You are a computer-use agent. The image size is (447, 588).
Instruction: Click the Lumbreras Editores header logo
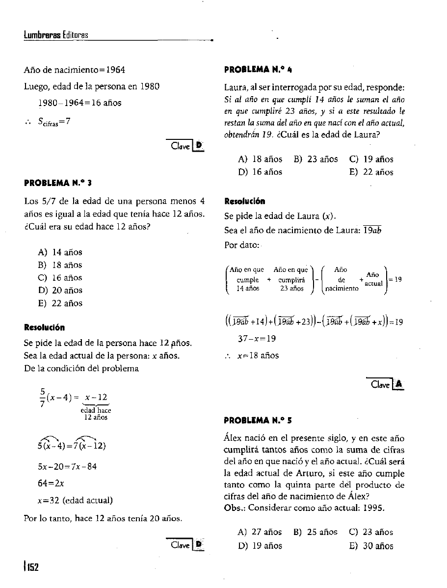[x=55, y=35]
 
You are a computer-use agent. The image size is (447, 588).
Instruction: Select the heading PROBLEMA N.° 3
[x=58, y=183]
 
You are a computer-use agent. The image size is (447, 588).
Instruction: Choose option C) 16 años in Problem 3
[x=60, y=278]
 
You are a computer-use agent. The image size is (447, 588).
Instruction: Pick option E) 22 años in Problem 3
[x=60, y=303]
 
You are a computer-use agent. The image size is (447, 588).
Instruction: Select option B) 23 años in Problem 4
[x=316, y=159]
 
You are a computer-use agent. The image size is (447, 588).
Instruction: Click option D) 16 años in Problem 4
[x=260, y=172]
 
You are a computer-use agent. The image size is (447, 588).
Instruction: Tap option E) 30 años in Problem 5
[x=371, y=546]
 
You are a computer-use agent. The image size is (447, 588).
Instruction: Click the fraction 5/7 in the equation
[x=42, y=399]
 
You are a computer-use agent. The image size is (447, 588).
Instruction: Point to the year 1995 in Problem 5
[x=375, y=508]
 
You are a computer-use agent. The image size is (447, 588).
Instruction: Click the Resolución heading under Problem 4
[x=245, y=201]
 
